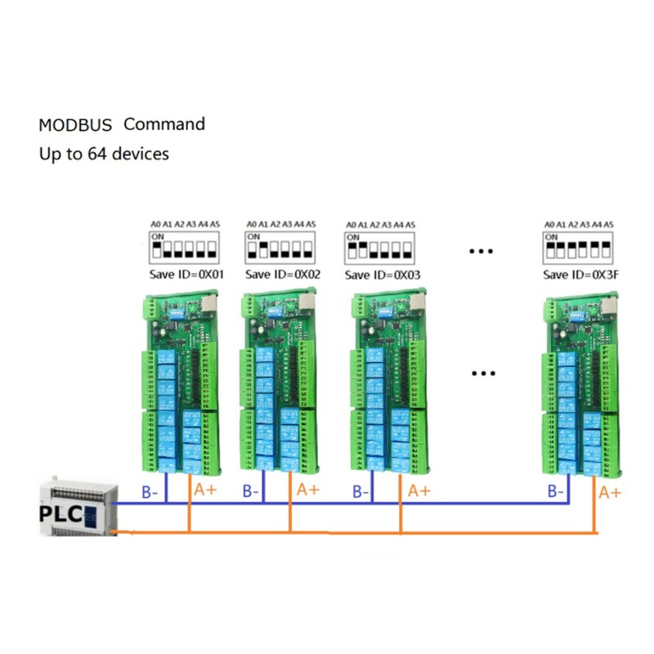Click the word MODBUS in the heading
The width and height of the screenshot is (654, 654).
(x=75, y=126)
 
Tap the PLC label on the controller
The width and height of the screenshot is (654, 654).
(x=59, y=515)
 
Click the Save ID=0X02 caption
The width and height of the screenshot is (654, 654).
(x=284, y=275)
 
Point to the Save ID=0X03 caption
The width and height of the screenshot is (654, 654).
(x=383, y=275)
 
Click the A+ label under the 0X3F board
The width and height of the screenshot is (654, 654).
(x=610, y=492)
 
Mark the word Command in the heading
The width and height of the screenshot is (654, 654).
(x=164, y=124)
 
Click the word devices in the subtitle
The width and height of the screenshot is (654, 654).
(x=138, y=153)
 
